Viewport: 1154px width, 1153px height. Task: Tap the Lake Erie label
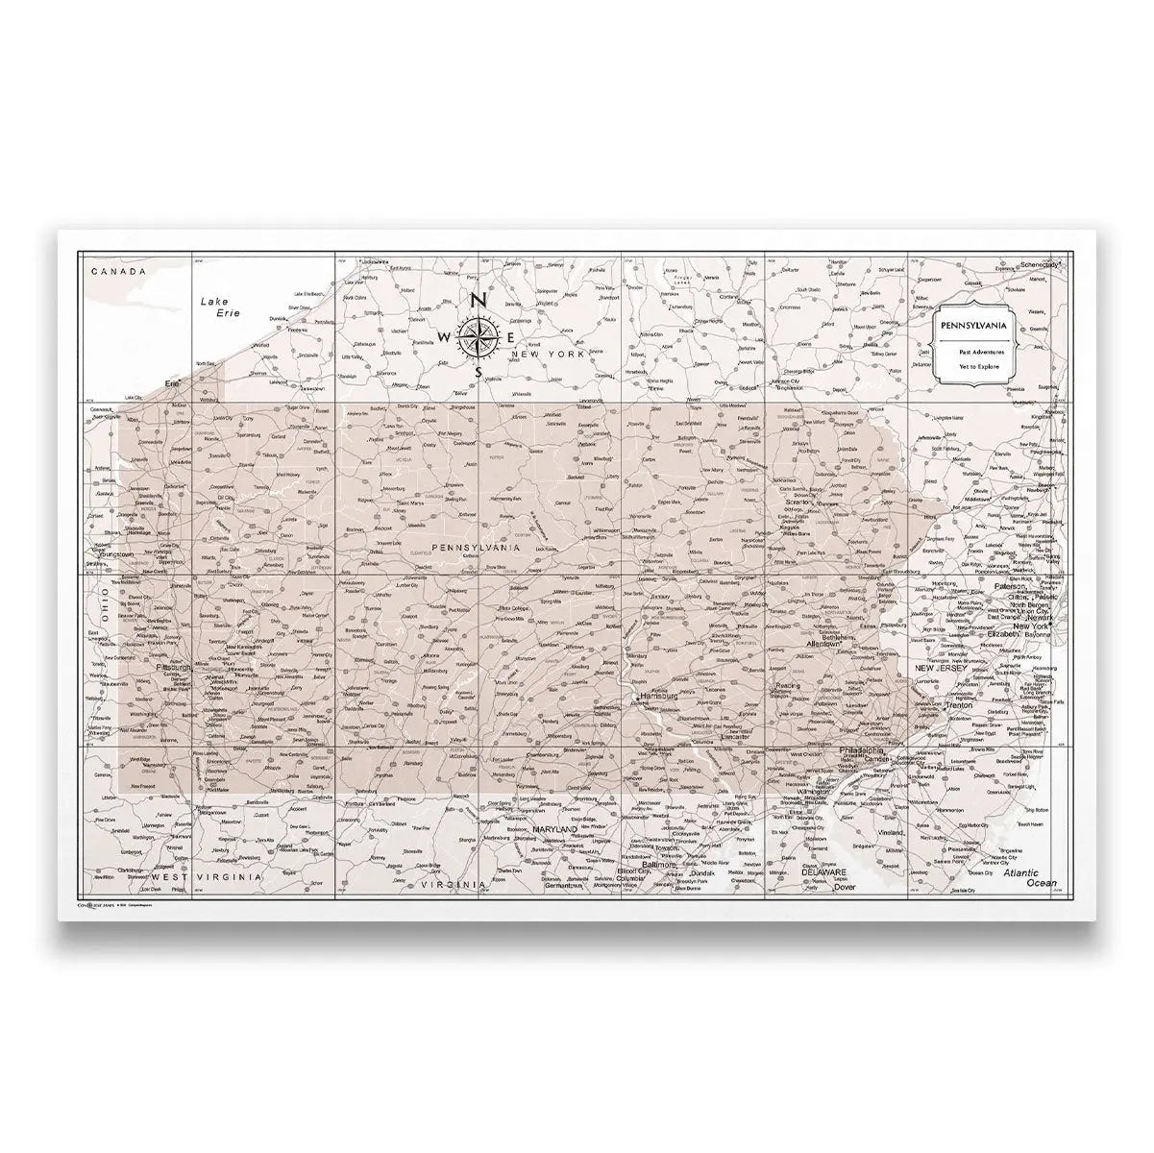tap(218, 307)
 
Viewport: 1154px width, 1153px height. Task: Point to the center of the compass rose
tap(479, 335)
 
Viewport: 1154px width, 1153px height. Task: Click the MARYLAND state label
tap(554, 828)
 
